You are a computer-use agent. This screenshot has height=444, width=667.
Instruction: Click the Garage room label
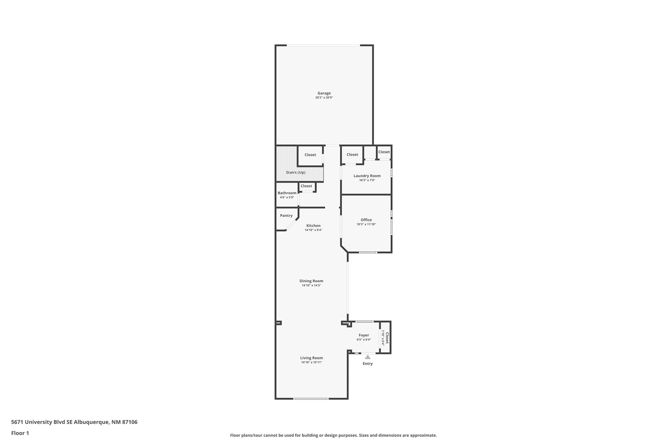324,93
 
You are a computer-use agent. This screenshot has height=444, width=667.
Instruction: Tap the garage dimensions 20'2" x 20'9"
324,98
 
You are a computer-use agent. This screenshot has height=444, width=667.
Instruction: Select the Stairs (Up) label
296,172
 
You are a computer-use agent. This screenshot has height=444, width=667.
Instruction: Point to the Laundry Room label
367,176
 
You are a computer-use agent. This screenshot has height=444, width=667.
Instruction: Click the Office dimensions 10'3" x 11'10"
366,224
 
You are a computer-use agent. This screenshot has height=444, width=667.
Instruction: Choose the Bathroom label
287,193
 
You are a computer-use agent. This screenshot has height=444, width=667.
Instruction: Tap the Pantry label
286,216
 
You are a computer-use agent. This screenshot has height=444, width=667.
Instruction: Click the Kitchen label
313,226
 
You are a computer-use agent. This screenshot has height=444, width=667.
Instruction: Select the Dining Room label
311,281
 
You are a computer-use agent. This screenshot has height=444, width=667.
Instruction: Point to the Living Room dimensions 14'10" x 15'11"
312,362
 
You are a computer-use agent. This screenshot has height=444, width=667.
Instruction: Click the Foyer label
364,335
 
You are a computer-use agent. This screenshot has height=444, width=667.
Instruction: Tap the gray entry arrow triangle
368,357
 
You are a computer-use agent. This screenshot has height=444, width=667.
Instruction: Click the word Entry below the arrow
368,364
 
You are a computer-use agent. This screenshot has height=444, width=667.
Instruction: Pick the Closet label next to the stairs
310,155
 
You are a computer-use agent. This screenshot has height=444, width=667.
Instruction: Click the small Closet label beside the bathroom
306,186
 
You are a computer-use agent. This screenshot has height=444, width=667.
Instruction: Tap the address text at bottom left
74,422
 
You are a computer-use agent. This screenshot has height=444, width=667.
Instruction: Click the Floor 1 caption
20,433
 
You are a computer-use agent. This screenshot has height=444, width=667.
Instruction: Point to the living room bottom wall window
311,399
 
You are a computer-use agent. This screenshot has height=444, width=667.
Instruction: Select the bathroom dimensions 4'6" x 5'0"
287,197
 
